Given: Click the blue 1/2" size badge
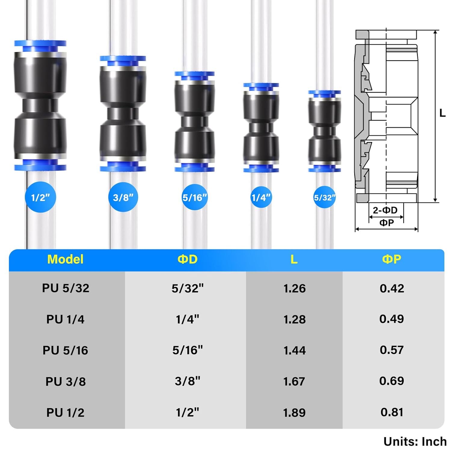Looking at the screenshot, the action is tap(40, 197).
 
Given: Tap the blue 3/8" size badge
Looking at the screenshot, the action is tap(123, 198).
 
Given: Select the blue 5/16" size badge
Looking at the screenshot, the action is tap(195, 197).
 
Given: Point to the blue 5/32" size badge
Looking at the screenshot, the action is tap(324, 198).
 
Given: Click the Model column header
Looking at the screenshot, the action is tap(65, 259).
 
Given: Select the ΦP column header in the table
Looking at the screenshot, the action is tap(391, 259).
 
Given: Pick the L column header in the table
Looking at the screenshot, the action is tap(294, 259).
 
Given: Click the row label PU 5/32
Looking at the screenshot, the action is tap(66, 288).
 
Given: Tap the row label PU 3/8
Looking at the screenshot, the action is tap(66, 381).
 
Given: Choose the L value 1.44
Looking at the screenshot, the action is tap(294, 350).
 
